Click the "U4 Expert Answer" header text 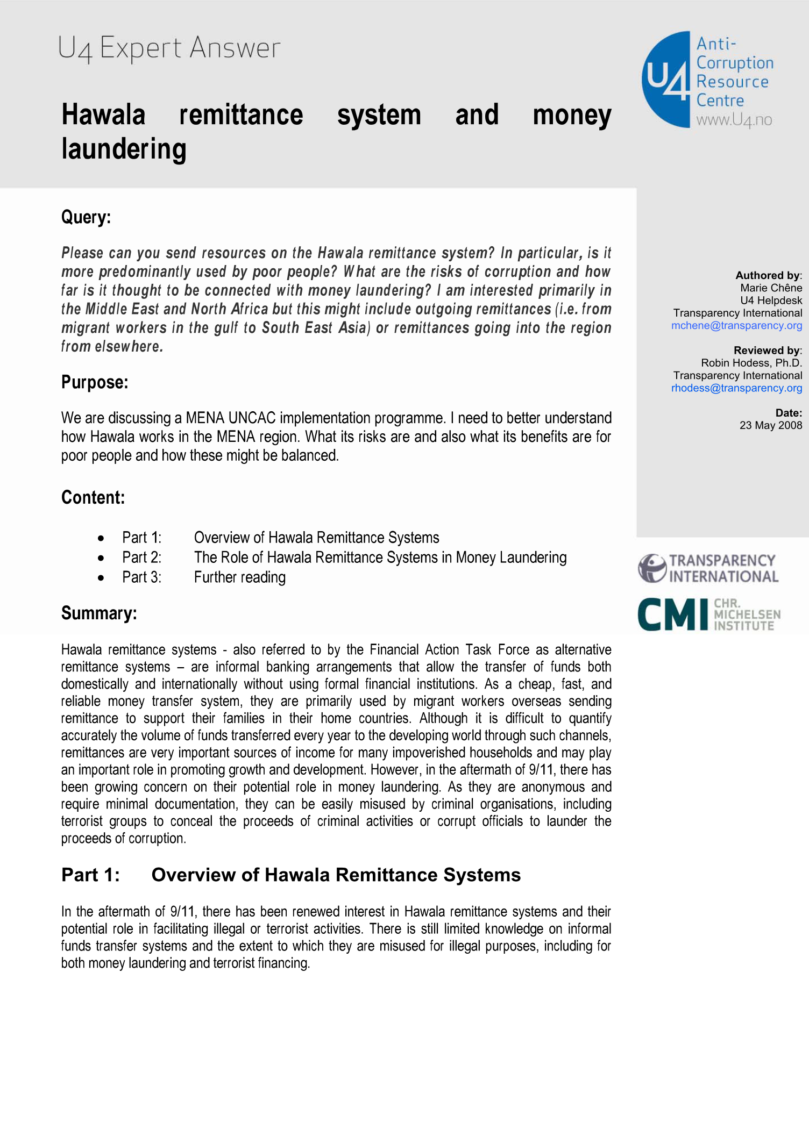pos(169,48)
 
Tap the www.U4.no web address pos(734,120)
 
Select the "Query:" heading pos(86,217)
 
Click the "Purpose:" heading pos(95,382)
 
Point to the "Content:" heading pos(93,497)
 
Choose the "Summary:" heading pos(99,613)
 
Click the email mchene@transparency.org pos(736,325)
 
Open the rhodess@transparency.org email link pos(736,388)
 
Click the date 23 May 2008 pos(770,425)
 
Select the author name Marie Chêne pos(771,288)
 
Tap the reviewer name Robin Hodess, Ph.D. pos(751,363)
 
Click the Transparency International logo pos(708,568)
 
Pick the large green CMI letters pos(673,614)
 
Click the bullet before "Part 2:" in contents pos(101,558)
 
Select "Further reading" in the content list pos(240,577)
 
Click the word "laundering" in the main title pos(124,149)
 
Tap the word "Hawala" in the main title pos(103,115)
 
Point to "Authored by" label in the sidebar pos(768,275)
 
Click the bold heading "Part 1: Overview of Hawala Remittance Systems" pos(290,875)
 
